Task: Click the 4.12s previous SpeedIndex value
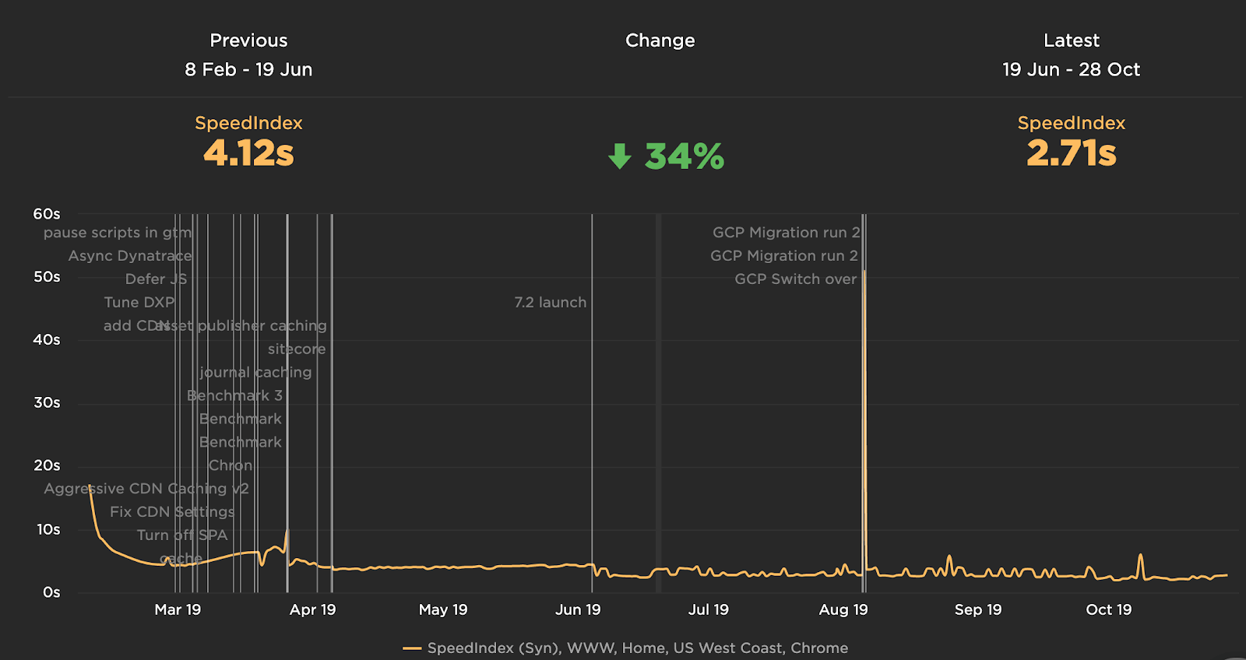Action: [x=248, y=153]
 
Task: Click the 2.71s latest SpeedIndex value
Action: [x=1071, y=153]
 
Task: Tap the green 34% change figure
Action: [x=684, y=156]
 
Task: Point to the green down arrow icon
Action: [x=620, y=156]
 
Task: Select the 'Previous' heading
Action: [x=248, y=40]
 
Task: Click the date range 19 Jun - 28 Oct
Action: [x=1071, y=69]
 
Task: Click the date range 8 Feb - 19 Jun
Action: [x=248, y=69]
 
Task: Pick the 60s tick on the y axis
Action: [x=47, y=214]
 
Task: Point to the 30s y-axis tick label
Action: [x=47, y=402]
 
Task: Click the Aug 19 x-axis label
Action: [x=843, y=609]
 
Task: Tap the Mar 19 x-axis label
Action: [x=178, y=609]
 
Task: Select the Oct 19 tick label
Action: [x=1108, y=609]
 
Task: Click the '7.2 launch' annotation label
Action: [x=550, y=302]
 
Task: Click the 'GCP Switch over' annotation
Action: [x=795, y=279]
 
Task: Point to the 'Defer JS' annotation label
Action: [x=156, y=279]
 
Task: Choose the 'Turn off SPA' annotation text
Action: [x=182, y=535]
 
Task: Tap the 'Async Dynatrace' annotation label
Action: [x=129, y=255]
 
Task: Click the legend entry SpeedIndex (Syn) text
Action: [x=637, y=648]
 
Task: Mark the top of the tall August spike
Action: [x=864, y=272]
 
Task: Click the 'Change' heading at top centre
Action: [x=660, y=40]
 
